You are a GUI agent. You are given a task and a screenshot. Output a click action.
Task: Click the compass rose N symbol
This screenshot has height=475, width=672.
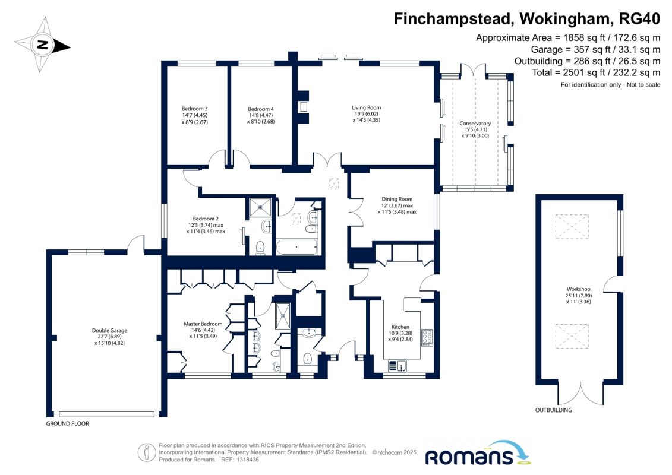(42, 45)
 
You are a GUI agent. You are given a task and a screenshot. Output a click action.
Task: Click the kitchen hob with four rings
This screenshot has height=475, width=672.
(427, 337)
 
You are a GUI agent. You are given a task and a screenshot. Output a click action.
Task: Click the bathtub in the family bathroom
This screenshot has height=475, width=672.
(296, 247)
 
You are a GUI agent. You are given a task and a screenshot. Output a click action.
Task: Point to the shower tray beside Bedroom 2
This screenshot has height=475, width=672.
(261, 207)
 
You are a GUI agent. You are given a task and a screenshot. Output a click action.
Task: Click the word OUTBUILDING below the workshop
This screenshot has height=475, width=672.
(554, 410)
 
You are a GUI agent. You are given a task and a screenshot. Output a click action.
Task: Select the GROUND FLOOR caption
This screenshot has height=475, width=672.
(68, 423)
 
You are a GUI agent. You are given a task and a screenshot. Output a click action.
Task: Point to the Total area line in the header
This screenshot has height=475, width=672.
(596, 72)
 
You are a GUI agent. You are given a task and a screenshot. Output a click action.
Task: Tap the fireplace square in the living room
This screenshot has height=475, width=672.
(304, 107)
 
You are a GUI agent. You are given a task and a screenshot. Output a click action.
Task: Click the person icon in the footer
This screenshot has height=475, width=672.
(147, 452)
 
